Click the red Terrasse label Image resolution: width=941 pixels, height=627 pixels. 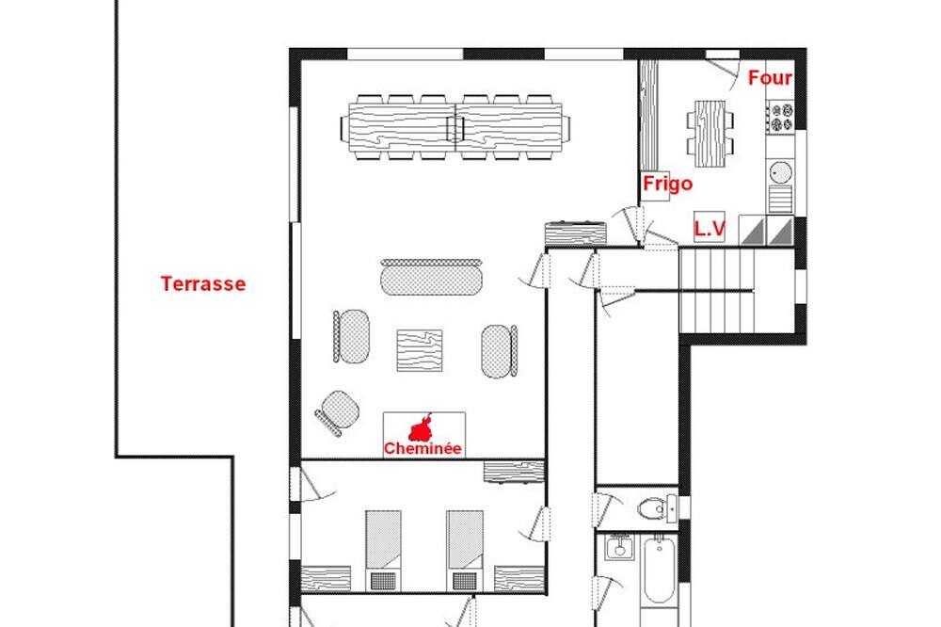point(203,283)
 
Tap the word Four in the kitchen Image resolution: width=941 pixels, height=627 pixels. point(770,78)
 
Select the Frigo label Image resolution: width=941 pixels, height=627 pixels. point(667,184)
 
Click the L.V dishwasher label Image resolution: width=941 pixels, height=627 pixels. point(710,228)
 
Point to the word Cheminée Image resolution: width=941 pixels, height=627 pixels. point(423,449)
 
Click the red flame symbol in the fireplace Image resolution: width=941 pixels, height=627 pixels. point(422,428)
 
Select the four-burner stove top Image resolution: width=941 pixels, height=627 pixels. point(780,117)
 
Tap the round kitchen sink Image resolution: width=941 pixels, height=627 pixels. point(781,173)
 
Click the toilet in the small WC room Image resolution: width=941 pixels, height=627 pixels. point(657,509)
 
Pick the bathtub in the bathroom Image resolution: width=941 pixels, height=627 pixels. point(659,569)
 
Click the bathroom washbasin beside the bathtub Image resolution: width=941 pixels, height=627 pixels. point(619,547)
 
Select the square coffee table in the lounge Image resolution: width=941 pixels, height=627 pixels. point(420,350)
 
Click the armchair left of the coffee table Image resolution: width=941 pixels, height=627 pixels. point(351,336)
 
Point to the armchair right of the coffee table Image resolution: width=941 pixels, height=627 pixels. point(500,351)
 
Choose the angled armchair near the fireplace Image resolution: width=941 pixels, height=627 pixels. point(338,412)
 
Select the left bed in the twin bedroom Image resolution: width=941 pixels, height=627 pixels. point(383,550)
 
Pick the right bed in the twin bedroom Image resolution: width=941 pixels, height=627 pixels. point(465,550)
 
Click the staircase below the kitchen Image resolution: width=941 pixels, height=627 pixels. point(737,291)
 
